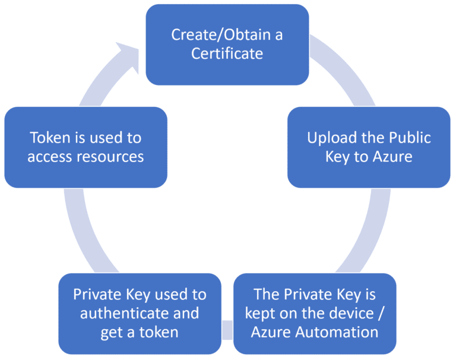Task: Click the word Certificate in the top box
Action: pos(227,53)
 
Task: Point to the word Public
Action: pos(409,138)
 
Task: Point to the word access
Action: pos(49,157)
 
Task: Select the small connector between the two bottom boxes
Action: pos(227,330)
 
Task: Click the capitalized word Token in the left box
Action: pos(50,138)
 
